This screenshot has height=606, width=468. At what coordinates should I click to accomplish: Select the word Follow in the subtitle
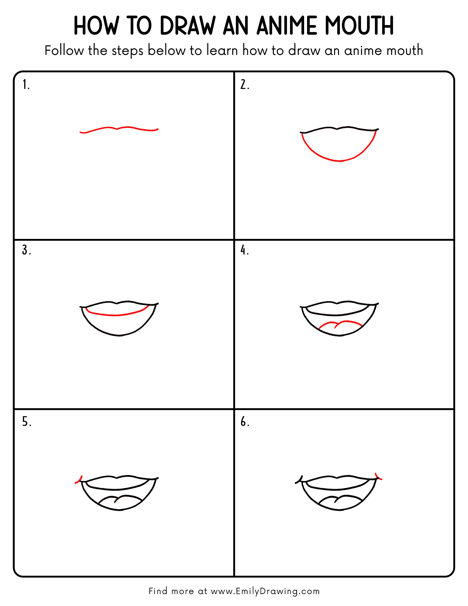pyautogui.click(x=64, y=51)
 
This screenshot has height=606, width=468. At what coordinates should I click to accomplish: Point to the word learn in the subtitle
pyautogui.click(x=222, y=51)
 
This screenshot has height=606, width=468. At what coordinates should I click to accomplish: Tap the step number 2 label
pyautogui.click(x=244, y=85)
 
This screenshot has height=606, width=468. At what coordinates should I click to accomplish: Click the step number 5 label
pyautogui.click(x=26, y=422)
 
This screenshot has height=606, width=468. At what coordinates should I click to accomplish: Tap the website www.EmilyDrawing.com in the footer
pyautogui.click(x=265, y=591)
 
